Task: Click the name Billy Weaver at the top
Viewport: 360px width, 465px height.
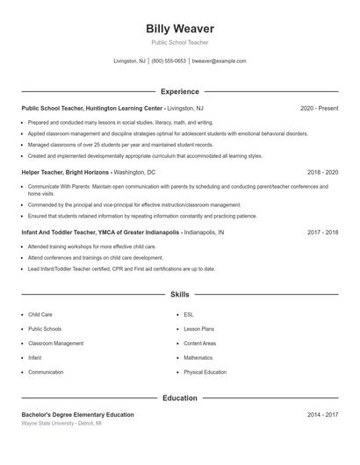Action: click(179, 29)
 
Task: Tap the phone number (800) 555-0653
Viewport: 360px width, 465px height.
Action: click(169, 61)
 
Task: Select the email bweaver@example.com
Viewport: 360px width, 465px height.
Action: click(219, 61)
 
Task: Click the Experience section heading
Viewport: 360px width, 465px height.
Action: click(179, 91)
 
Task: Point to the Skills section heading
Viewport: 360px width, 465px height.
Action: click(179, 296)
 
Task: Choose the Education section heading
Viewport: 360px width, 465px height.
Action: click(179, 397)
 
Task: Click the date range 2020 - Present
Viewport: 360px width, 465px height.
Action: click(319, 108)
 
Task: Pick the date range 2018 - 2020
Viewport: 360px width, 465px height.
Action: click(322, 173)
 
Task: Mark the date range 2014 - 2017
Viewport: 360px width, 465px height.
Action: click(322, 414)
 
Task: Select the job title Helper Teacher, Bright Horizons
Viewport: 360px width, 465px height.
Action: click(66, 173)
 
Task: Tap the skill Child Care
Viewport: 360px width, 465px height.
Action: click(40, 313)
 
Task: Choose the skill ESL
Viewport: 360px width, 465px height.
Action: click(188, 313)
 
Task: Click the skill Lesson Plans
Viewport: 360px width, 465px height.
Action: click(198, 328)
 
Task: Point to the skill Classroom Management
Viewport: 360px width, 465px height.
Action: click(55, 343)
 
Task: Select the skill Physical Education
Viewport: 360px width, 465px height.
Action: click(205, 372)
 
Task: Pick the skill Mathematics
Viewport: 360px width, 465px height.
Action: click(198, 358)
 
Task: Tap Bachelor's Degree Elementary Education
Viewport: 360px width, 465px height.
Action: click(77, 414)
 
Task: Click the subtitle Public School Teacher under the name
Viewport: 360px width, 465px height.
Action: click(179, 42)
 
